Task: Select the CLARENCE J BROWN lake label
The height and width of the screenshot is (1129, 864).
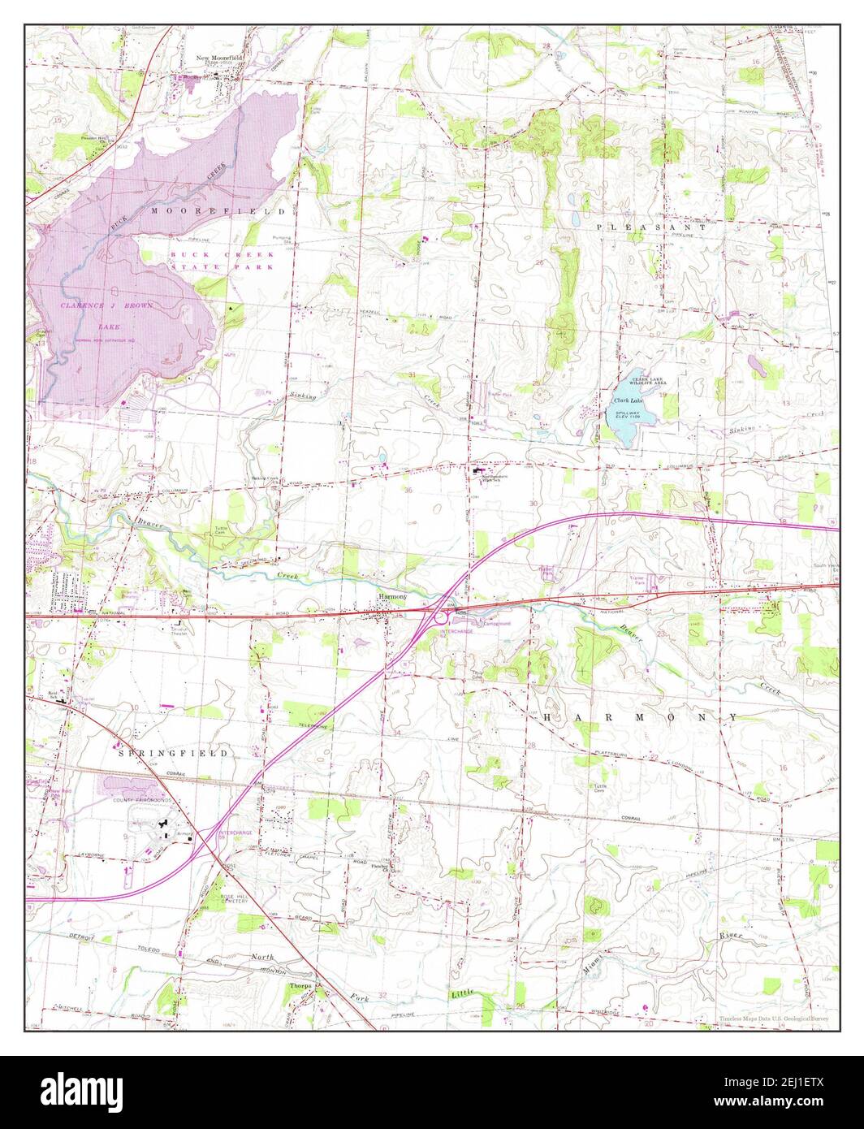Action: [106, 305]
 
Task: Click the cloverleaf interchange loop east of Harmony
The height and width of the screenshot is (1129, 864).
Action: [442, 618]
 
